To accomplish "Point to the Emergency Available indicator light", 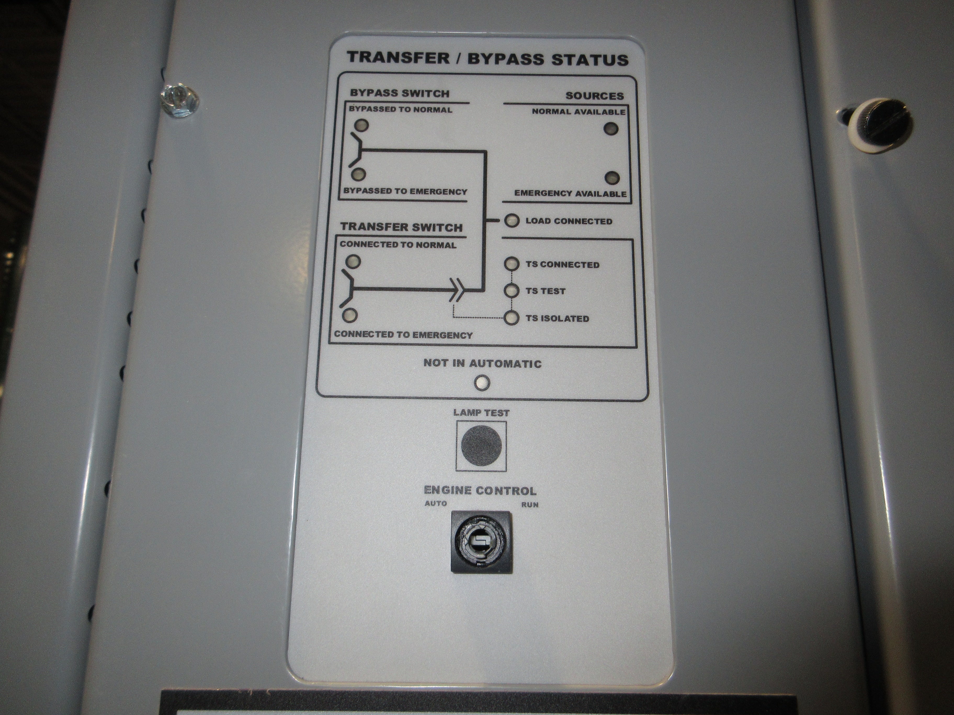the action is [x=612, y=177].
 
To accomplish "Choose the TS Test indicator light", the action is [x=512, y=291].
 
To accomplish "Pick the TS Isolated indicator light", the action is [x=512, y=318].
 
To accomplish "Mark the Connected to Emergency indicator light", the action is [x=350, y=315].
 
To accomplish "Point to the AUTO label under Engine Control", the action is [x=436, y=503].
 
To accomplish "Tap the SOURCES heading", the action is [x=594, y=96].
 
